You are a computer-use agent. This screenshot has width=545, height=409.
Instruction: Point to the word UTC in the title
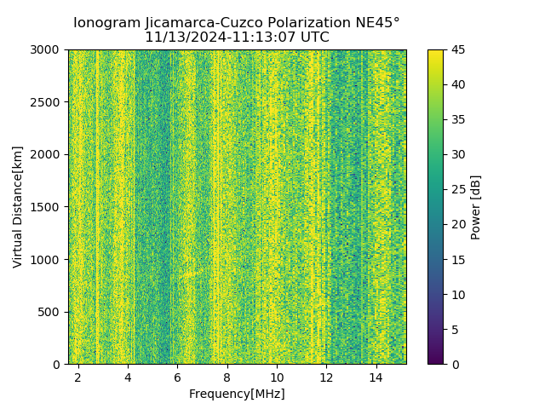(314, 37)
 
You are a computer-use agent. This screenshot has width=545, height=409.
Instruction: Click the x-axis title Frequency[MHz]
(237, 394)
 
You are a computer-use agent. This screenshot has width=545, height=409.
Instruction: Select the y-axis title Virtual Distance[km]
(18, 206)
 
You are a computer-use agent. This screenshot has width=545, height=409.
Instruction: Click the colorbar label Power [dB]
(476, 206)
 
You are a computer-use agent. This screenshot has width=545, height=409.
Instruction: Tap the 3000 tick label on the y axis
(47, 49)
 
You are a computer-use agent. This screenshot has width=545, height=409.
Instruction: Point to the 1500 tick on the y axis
(47, 207)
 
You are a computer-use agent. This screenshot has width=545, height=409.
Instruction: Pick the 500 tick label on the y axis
(50, 312)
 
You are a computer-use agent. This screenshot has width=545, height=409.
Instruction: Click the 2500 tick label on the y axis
(47, 102)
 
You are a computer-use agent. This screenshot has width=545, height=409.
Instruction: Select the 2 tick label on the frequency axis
(78, 377)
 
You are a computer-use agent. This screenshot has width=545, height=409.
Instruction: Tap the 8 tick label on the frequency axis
(227, 377)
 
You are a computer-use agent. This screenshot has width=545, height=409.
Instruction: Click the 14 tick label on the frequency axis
(376, 377)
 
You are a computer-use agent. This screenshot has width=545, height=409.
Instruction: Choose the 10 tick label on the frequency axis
(277, 377)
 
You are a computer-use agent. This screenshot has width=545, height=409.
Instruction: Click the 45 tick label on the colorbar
(457, 49)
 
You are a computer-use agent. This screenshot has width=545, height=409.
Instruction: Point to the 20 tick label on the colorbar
(457, 224)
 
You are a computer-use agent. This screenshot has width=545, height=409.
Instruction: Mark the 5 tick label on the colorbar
(454, 329)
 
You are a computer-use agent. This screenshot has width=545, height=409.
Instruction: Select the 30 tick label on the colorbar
(457, 154)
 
